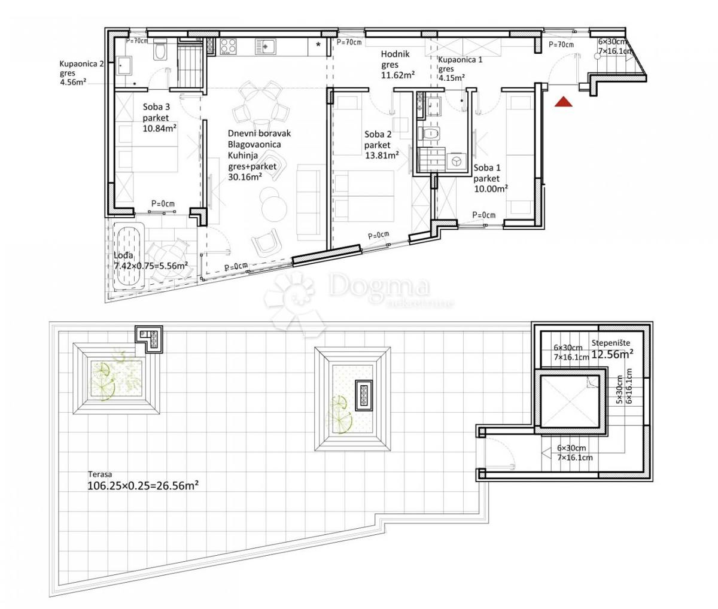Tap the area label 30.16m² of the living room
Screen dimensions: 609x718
tap(245, 177)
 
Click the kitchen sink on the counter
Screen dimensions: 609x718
tap(265, 45)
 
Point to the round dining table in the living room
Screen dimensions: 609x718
tap(260, 111)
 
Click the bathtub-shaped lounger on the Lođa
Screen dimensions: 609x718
tap(129, 257)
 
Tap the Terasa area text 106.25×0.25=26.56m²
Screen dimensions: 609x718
tap(143, 486)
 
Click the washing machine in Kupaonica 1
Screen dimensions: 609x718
tap(456, 162)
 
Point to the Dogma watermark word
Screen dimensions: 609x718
tap(379, 287)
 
